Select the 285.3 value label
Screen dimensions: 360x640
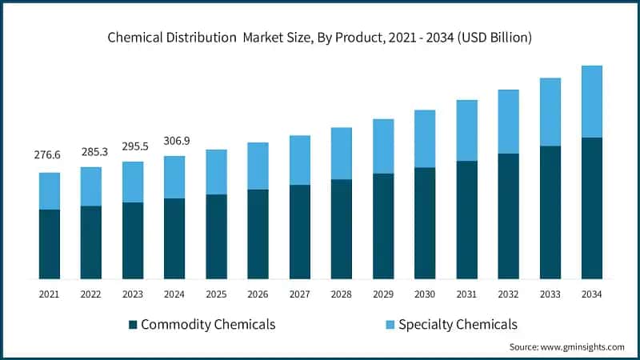coord(91,151)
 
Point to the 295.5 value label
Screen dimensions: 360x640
coord(133,146)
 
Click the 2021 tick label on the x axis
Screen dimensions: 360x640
coord(49,294)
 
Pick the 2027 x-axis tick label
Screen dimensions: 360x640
coord(299,294)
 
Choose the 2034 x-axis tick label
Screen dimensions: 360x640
coord(591,294)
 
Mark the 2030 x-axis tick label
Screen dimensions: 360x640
coord(425,294)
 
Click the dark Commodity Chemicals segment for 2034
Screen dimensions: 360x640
coord(591,208)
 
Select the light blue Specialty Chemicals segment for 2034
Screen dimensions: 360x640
coord(591,102)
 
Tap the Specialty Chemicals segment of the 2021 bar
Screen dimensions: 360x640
coord(49,191)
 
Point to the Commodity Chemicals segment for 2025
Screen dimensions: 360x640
coord(216,236)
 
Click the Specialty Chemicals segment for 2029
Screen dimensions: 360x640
coord(383,146)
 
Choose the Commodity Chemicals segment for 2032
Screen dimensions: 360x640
coord(508,216)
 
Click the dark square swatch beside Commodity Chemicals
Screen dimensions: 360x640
coord(133,325)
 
